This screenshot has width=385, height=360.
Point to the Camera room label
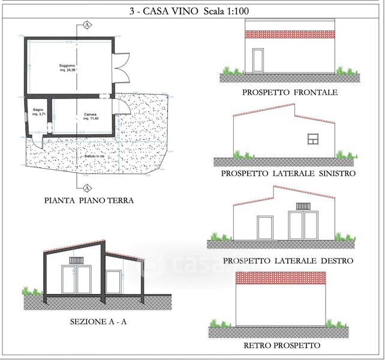pos(91,116)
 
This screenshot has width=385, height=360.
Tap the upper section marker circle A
pos(88,25)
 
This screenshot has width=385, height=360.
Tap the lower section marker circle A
pos(88,187)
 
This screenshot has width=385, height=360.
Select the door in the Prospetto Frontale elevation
pos(258,61)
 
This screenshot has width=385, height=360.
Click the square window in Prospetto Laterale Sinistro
pos(313,139)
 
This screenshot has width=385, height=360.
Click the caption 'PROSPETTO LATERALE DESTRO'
pos(288,261)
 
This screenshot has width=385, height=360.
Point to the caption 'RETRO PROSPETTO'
pos(282,346)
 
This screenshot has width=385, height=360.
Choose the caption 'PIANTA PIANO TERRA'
pos(89,201)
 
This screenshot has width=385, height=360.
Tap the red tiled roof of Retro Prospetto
pos(281,277)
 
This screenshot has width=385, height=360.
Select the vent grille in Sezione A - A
pos(76,260)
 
